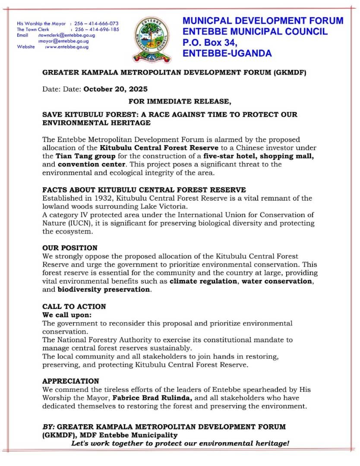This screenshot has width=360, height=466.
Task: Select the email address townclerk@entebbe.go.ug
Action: point(67,35)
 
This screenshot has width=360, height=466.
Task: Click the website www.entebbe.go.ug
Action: point(67,47)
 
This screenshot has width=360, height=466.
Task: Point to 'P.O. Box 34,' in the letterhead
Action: point(210,43)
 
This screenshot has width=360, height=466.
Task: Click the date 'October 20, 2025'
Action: point(115,89)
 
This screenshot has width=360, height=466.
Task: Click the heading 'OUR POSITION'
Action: point(70,248)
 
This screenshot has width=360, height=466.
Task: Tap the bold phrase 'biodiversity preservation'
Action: point(104,289)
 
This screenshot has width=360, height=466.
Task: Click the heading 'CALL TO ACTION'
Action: point(74,306)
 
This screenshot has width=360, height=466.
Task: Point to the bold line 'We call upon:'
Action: point(67,315)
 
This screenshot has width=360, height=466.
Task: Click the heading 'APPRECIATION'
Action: point(71,381)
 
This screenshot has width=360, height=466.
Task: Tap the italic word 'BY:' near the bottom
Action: point(48,427)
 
